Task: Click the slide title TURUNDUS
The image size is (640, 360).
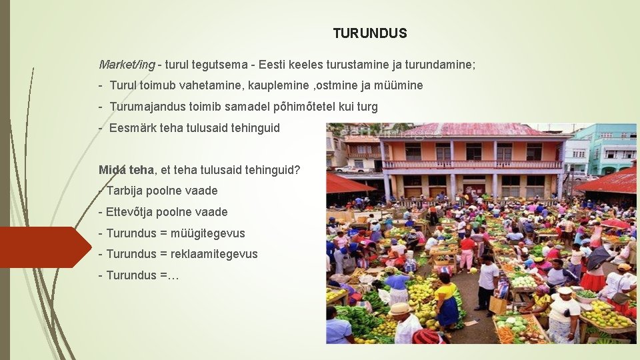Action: (370, 33)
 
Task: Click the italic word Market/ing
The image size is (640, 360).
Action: (127, 65)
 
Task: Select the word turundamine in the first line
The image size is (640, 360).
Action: (438, 65)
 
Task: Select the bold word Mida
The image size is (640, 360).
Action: (111, 169)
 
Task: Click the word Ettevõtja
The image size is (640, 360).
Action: (129, 212)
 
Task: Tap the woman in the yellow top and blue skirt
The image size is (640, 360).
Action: (447, 300)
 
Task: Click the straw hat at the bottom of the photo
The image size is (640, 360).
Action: (400, 309)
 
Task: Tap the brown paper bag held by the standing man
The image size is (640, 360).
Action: (497, 305)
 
